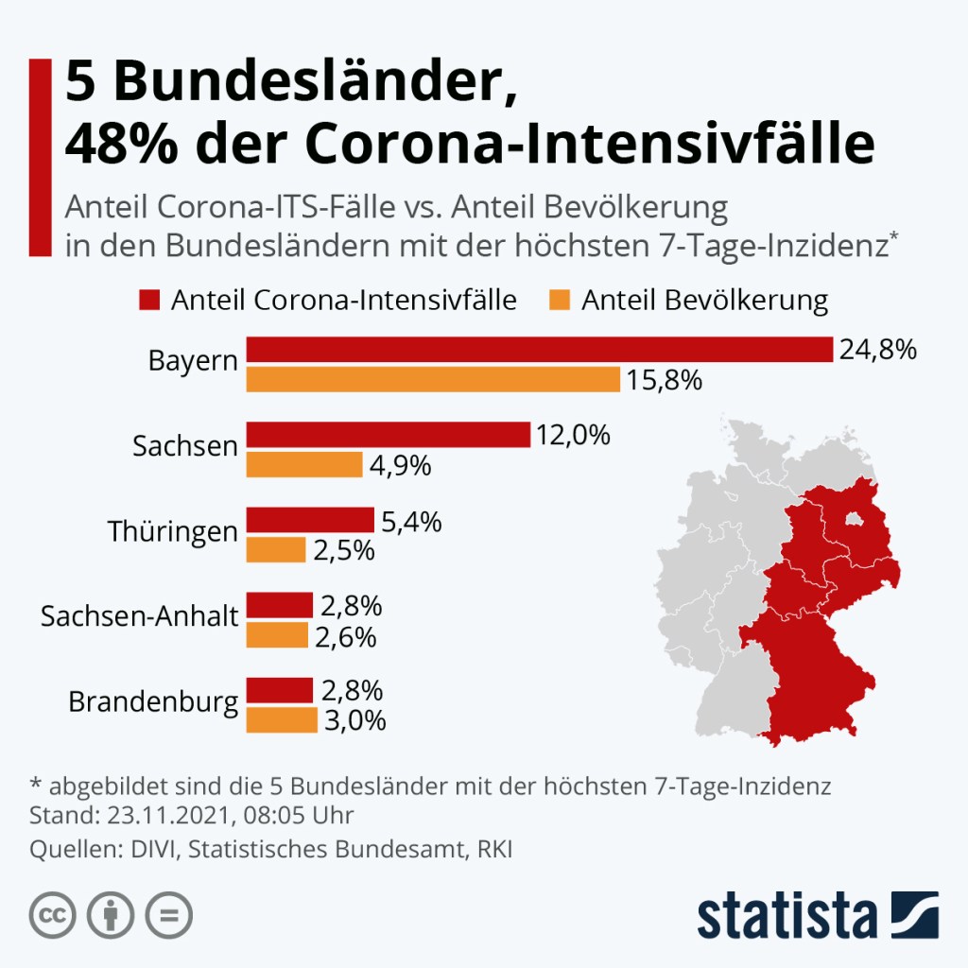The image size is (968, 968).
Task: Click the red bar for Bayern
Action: point(539,349)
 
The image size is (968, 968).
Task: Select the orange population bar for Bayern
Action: point(433,380)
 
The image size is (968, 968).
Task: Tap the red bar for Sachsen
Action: point(388,435)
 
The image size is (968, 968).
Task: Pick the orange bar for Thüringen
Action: point(276,550)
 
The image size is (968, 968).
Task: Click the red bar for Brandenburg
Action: point(280,690)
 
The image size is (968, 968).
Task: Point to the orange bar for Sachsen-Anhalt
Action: point(277,636)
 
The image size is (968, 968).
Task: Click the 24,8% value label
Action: point(878,350)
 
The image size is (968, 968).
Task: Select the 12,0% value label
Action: point(574,436)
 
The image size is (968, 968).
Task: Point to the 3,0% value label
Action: point(355,720)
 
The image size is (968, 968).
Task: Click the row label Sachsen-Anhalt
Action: point(139,617)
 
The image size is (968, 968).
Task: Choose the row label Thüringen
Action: point(173,531)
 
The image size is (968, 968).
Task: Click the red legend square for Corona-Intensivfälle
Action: point(149,301)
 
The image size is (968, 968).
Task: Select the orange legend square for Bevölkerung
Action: point(560,301)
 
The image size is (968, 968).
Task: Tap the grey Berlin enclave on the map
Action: point(853,518)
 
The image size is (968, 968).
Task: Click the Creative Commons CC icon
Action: point(53,915)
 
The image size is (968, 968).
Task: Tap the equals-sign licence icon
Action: point(168,915)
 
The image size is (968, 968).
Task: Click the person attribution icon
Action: point(111,915)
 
